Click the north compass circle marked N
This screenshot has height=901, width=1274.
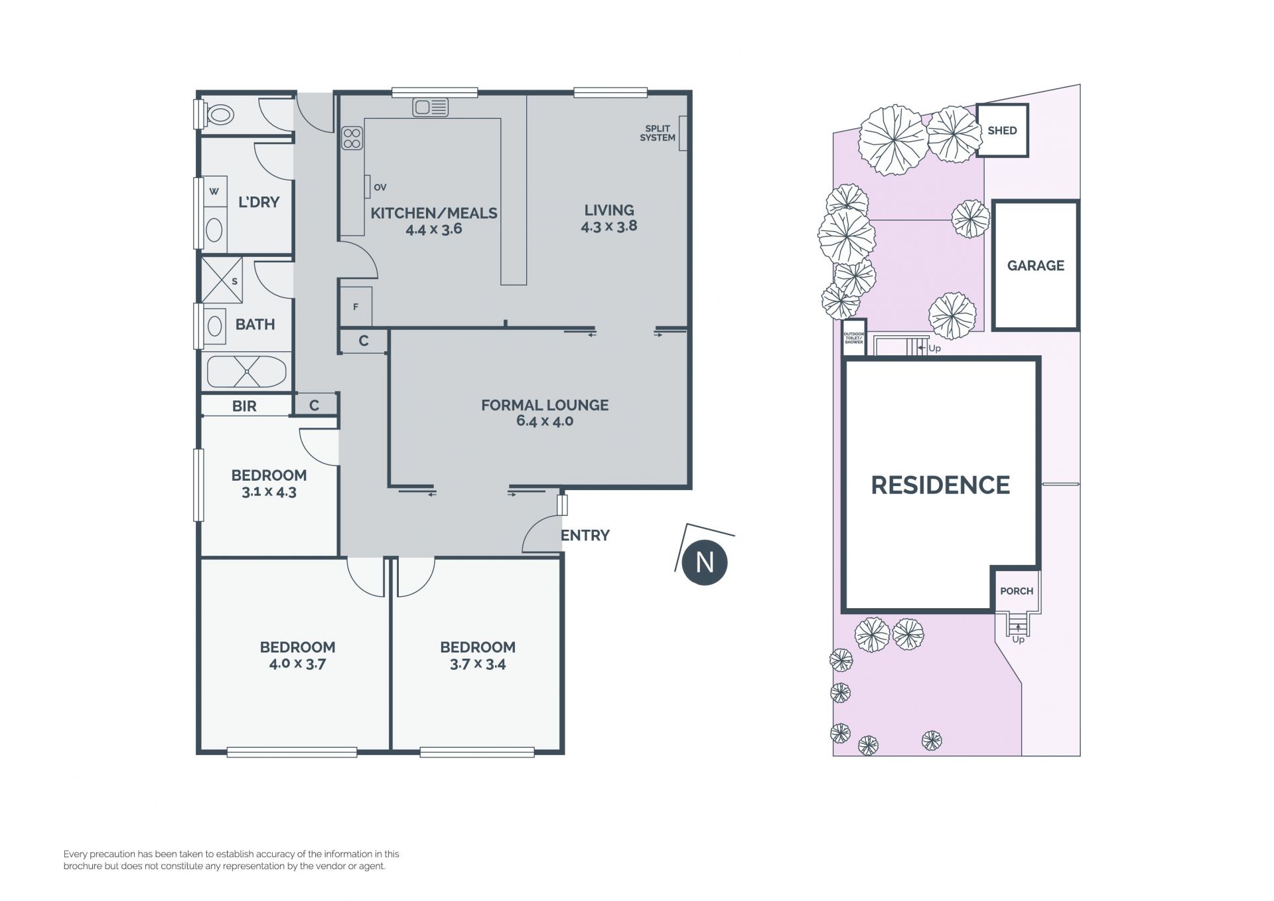click(x=705, y=562)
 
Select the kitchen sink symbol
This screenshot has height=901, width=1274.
click(x=431, y=107)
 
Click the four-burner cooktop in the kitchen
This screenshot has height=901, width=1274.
click(x=352, y=139)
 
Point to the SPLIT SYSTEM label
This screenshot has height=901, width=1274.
click(x=658, y=133)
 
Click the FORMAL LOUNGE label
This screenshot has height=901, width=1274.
click(x=545, y=405)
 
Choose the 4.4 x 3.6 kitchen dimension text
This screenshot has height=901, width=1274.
click(x=434, y=229)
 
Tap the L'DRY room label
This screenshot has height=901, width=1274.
click(x=259, y=202)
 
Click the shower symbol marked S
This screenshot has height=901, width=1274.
click(x=222, y=280)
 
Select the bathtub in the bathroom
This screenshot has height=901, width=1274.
click(x=246, y=372)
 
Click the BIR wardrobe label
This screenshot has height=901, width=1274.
click(x=244, y=406)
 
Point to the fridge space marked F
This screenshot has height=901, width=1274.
click(x=356, y=306)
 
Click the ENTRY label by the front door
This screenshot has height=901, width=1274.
click(x=585, y=535)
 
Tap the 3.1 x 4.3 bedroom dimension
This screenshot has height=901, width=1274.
click(x=269, y=492)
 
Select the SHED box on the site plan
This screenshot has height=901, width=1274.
click(x=1002, y=130)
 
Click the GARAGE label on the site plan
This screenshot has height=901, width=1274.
click(x=1036, y=266)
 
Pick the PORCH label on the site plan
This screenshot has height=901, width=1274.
click(x=1017, y=591)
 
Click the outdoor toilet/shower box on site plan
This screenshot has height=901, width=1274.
click(x=854, y=338)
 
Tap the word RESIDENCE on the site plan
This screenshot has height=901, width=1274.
click(x=940, y=485)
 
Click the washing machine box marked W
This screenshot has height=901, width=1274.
click(x=214, y=191)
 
